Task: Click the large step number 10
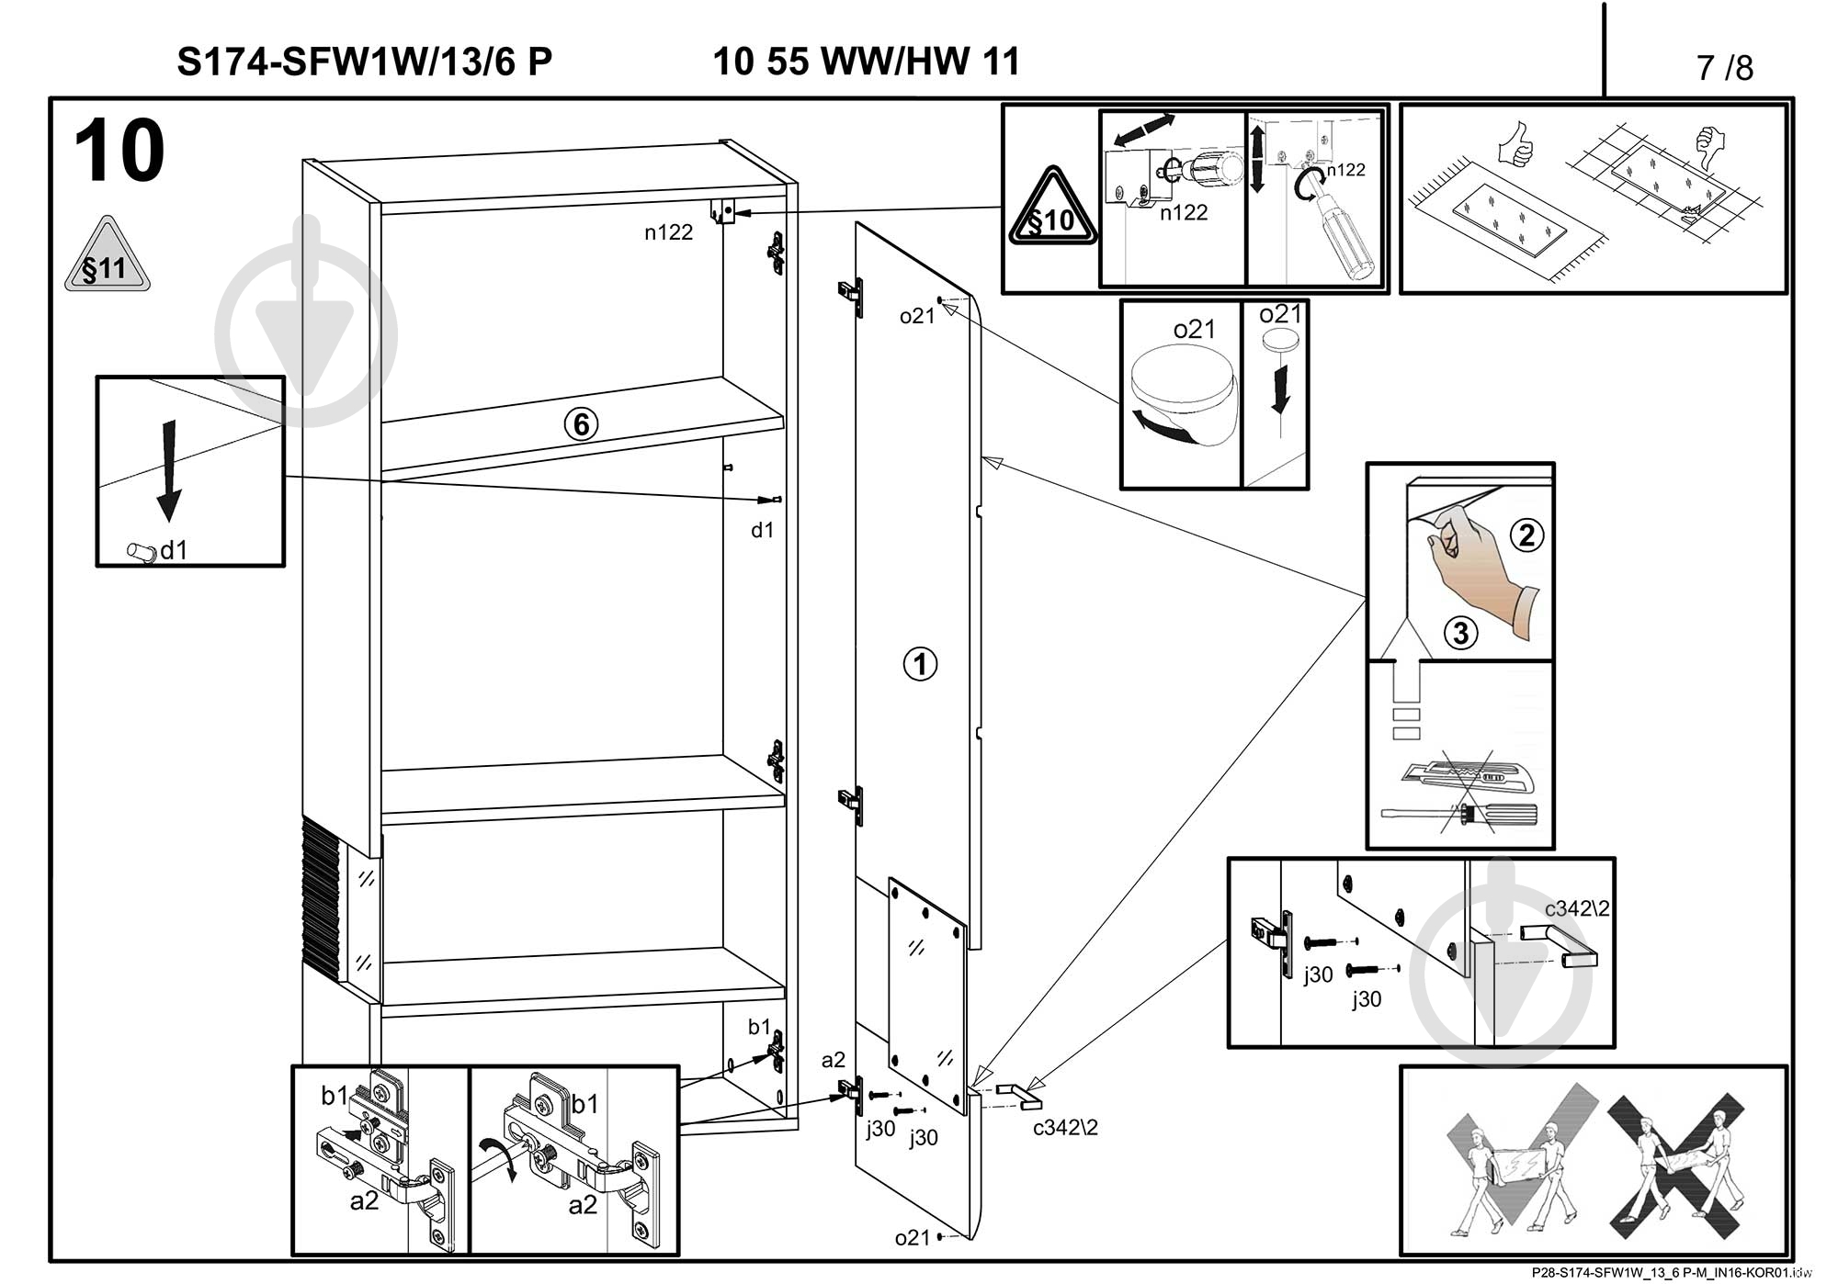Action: click(119, 152)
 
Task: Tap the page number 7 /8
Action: click(1725, 68)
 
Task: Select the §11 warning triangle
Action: click(107, 258)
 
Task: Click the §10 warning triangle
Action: click(1052, 211)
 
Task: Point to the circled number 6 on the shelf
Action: click(581, 424)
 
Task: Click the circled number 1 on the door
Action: click(920, 663)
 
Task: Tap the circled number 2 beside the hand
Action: click(1526, 535)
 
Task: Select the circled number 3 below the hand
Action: click(1460, 632)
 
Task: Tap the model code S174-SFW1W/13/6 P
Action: click(365, 62)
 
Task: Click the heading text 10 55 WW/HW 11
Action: click(866, 62)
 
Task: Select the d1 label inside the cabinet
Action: click(763, 530)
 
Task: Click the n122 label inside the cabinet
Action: click(668, 232)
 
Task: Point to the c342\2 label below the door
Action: click(1065, 1128)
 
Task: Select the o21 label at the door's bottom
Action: click(913, 1238)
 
